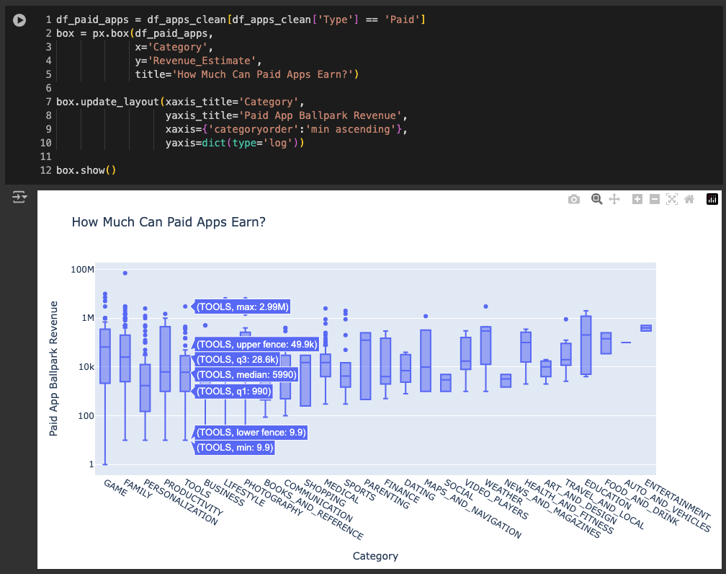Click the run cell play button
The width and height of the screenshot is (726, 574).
point(19,21)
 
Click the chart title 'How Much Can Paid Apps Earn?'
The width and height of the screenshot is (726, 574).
point(169,222)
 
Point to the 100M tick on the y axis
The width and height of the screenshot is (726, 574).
point(82,269)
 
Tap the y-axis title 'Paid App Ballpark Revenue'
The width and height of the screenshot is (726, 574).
point(54,368)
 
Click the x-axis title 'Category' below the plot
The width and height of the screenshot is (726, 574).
point(375,556)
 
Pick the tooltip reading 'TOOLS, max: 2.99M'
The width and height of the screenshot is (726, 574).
point(243,307)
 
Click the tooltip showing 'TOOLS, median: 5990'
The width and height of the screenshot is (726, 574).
point(246,375)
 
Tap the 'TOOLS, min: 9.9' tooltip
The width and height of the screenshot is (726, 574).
point(235,448)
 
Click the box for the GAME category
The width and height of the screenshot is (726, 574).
point(105,356)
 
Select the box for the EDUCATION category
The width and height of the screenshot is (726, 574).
point(586,345)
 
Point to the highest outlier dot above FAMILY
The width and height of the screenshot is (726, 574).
point(125,273)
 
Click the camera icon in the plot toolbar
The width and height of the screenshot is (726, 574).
point(574,200)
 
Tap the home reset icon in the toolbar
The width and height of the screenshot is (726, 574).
point(689,200)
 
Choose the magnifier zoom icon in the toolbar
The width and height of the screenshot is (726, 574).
point(596,200)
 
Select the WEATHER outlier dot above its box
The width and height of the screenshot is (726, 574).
point(485,306)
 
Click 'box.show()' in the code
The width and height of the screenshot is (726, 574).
point(86,170)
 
